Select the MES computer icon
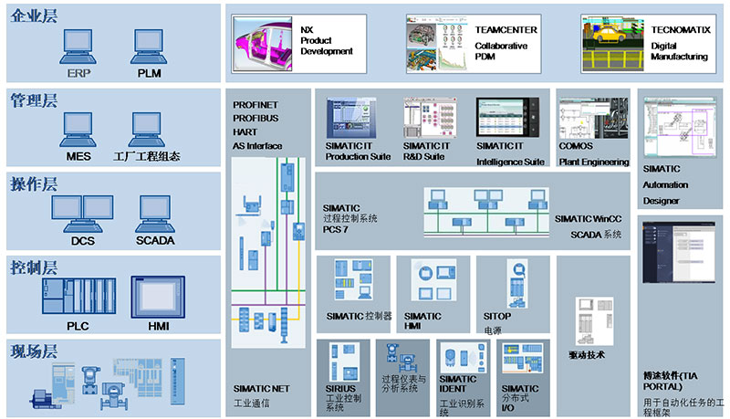pyautogui.click(x=78, y=128)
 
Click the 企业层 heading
pyautogui.click(x=34, y=16)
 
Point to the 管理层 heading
pyautogui.click(x=34, y=100)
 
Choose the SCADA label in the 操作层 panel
pyautogui.click(x=155, y=241)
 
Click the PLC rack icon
pyautogui.click(x=77, y=296)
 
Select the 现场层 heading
pyautogui.click(x=34, y=351)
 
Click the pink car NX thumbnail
pyautogui.click(x=265, y=42)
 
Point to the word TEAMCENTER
pyautogui.click(x=506, y=29)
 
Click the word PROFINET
pyautogui.click(x=255, y=105)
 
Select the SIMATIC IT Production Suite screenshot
pyautogui.click(x=357, y=118)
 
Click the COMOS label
pyautogui.click(x=576, y=145)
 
